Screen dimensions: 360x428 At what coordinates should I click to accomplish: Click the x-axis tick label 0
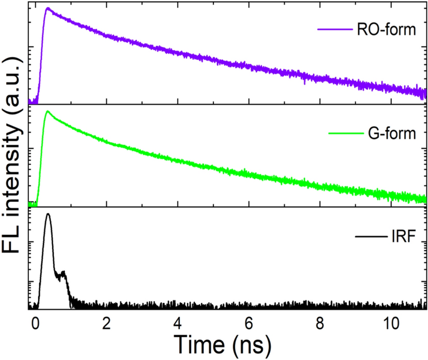click(x=35, y=322)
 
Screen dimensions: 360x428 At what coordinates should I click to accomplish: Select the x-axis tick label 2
click(x=106, y=322)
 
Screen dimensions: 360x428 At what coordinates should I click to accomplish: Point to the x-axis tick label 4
click(x=178, y=322)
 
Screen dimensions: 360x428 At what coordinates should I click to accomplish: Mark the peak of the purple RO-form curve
click(x=48, y=8)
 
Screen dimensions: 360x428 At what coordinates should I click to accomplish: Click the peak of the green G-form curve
click(x=48, y=111)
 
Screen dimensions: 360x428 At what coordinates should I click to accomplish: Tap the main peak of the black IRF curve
click(x=48, y=214)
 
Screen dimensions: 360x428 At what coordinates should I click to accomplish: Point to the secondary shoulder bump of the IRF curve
click(x=64, y=272)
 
